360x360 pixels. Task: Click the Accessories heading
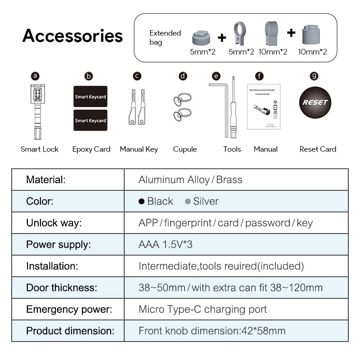coord(72,36)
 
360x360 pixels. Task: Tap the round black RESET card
coord(315,102)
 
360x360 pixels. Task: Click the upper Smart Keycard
coord(90,96)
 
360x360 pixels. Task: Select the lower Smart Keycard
coord(90,120)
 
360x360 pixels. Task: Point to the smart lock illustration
coord(36,111)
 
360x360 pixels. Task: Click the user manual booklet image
coord(264,107)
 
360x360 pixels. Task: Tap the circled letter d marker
coord(183,76)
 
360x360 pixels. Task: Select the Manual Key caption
coord(139,149)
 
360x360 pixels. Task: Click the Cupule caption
coord(185,149)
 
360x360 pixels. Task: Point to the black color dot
coord(142,202)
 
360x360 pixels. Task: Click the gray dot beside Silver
coord(188,202)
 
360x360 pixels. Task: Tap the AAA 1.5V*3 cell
coord(166,245)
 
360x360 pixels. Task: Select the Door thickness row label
coord(62,288)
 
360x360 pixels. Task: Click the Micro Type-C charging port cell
coord(202,310)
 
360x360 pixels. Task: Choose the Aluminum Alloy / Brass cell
coord(190,180)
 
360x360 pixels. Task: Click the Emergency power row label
coord(69,310)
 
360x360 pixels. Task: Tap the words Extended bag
coord(165,38)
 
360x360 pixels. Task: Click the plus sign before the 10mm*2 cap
coord(291,33)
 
